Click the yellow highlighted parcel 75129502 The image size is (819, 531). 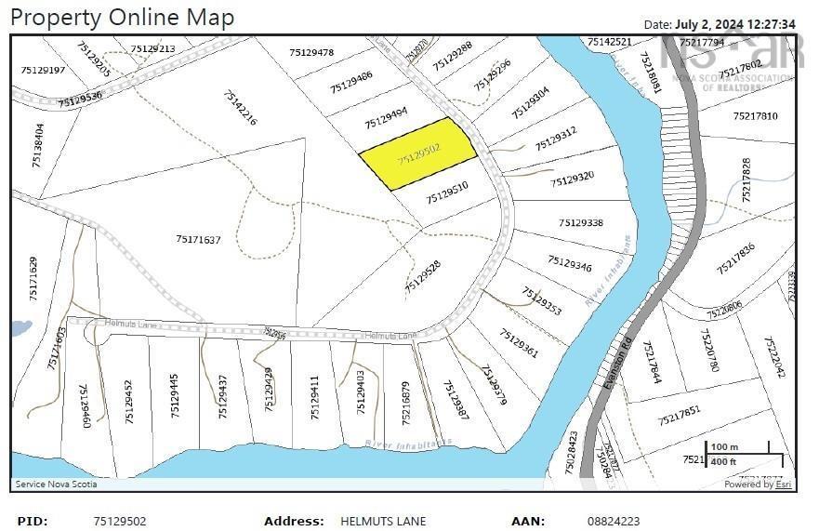[418, 153]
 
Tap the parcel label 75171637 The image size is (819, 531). [198, 240]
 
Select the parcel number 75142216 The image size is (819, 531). [240, 108]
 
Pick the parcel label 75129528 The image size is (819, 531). [423, 277]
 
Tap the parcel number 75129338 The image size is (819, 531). [581, 223]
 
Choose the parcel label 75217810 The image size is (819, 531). [755, 116]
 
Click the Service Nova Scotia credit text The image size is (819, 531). [56, 484]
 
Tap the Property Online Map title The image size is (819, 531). [122, 17]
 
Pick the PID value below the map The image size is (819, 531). [120, 522]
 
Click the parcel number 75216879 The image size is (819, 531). [405, 402]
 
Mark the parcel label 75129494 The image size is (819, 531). [386, 117]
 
